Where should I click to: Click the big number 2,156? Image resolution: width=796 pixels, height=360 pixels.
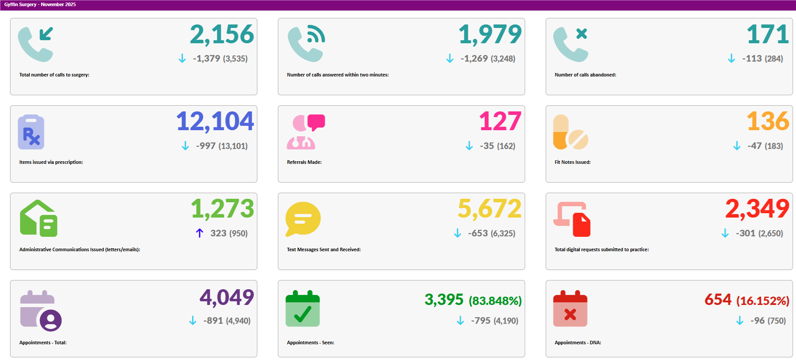(221, 35)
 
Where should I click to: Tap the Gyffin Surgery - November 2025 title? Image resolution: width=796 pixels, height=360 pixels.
(40, 4)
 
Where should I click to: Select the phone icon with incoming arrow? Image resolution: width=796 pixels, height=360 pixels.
(36, 44)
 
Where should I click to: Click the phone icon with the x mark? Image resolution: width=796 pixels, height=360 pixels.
(571, 44)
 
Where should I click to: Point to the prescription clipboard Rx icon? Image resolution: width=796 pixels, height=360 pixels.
(31, 132)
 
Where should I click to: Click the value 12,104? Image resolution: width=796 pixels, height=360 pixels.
(215, 121)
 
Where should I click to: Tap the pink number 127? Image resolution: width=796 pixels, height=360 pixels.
(500, 121)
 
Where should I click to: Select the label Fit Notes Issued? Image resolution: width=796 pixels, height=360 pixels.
(572, 162)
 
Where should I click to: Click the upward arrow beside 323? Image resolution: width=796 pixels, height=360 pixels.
(200, 233)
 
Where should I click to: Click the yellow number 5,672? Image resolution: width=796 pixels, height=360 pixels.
(489, 209)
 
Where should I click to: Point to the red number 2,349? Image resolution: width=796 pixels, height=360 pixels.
(757, 209)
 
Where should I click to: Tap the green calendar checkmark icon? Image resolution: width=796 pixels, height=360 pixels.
(303, 309)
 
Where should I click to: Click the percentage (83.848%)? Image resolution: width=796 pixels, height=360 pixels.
(495, 301)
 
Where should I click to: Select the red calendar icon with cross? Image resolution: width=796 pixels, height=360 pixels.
(570, 309)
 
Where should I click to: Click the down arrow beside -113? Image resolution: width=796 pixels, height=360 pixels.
(731, 59)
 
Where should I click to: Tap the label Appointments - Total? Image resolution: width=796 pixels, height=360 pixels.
(43, 343)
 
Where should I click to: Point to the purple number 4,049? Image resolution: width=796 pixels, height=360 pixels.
(226, 298)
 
